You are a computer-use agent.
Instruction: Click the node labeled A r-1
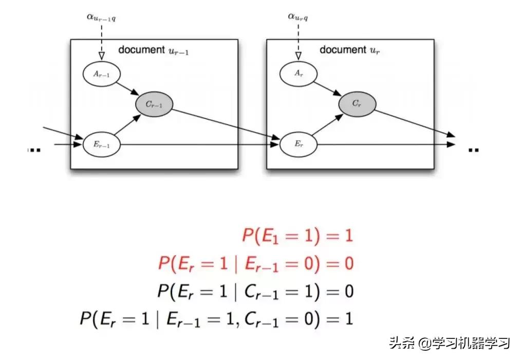pos(101,74)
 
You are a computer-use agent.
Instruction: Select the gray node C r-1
pos(154,104)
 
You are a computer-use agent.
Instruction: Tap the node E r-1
pos(101,145)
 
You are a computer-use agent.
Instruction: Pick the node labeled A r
pos(298,74)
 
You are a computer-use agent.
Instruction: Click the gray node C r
pos(357,104)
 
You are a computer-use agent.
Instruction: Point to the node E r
pos(298,145)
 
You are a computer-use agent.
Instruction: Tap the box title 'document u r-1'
pos(154,50)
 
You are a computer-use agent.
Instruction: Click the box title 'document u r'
pos(349,50)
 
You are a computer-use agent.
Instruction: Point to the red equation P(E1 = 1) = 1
pos(297,236)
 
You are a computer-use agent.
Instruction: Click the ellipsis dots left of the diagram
pos(33,150)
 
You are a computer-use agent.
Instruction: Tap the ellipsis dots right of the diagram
pos(473,150)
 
